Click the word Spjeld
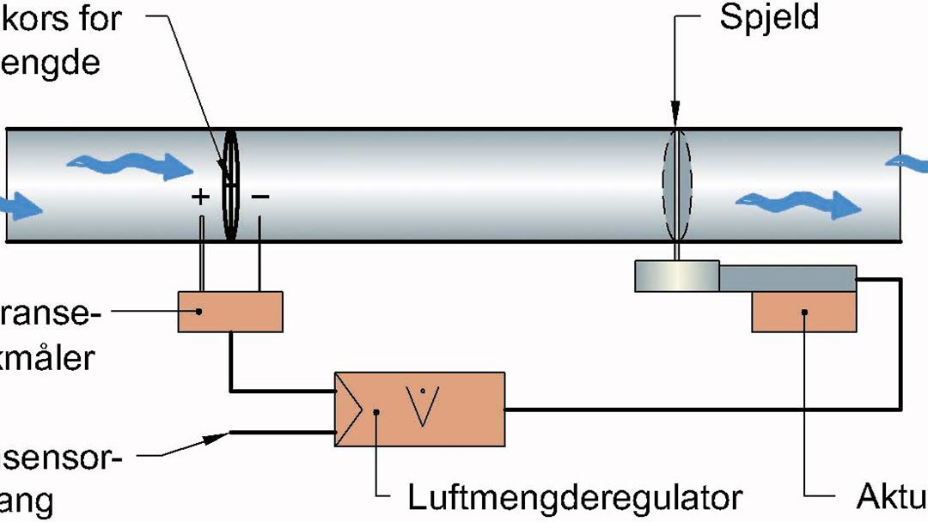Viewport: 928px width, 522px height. pyautogui.click(x=769, y=19)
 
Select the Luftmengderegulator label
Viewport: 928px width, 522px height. pyautogui.click(x=575, y=496)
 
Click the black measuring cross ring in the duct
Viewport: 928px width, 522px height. pyautogui.click(x=229, y=185)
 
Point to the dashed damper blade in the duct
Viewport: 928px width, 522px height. pyautogui.click(x=676, y=185)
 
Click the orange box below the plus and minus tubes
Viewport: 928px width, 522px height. pyautogui.click(x=230, y=311)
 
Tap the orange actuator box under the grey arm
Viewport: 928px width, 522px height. pyautogui.click(x=803, y=312)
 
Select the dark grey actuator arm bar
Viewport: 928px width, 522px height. pyautogui.click(x=787, y=278)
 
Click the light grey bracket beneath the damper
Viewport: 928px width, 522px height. pyautogui.click(x=677, y=276)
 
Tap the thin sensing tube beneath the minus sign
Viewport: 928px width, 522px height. pyautogui.click(x=259, y=253)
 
